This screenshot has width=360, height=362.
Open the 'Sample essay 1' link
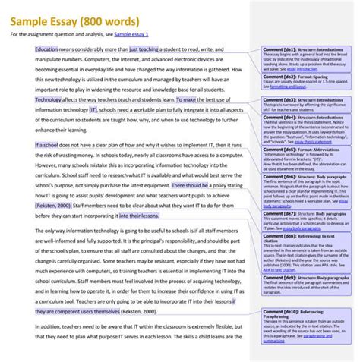(x=131, y=34)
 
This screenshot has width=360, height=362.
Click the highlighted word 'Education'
(x=50, y=49)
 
